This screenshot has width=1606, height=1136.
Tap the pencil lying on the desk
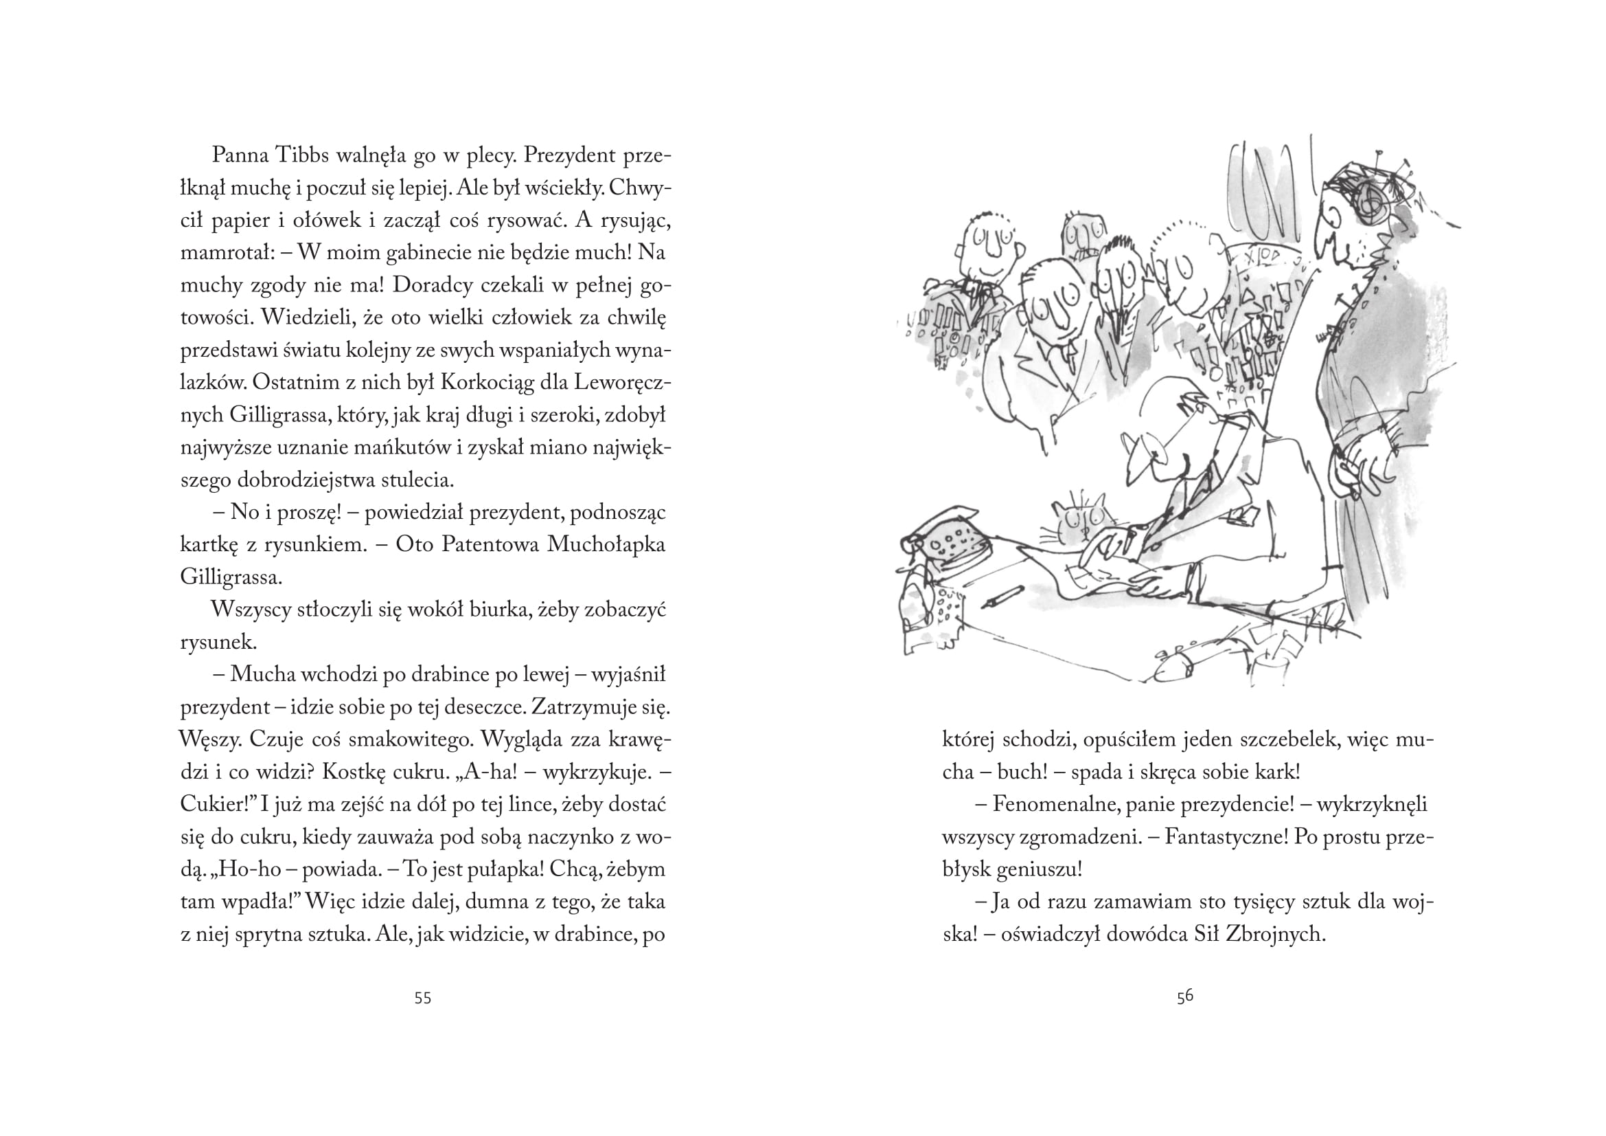(x=1003, y=596)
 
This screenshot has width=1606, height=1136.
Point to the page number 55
(x=422, y=998)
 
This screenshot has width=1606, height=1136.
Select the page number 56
(x=1184, y=996)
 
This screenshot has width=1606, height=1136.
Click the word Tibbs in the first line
(x=302, y=155)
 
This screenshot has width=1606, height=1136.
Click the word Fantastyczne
(x=1227, y=837)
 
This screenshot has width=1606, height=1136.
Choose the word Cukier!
(x=216, y=805)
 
